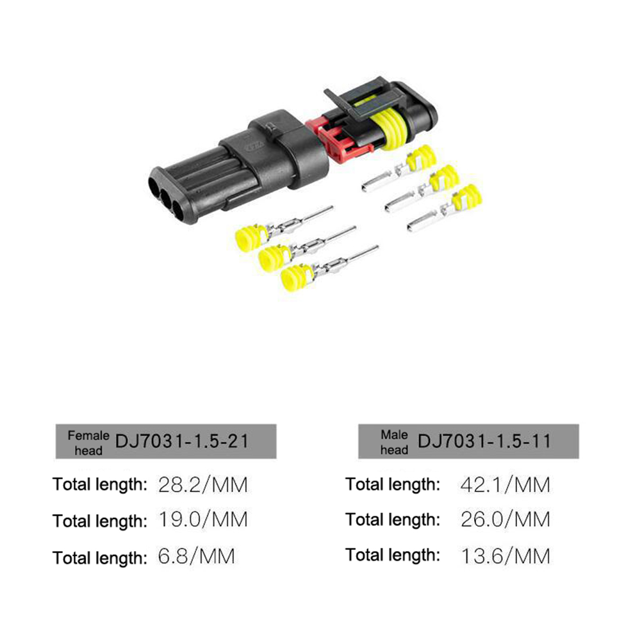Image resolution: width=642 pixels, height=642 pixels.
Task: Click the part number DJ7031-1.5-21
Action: pyautogui.click(x=182, y=441)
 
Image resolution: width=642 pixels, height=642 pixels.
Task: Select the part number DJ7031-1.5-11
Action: pyautogui.click(x=484, y=441)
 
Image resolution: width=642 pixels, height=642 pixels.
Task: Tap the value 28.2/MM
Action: pyautogui.click(x=203, y=485)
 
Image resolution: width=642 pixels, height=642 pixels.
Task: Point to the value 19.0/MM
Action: pyautogui.click(x=203, y=520)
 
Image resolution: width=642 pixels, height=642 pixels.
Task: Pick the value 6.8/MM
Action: pyautogui.click(x=197, y=556)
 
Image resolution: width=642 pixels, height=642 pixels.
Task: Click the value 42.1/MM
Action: pyautogui.click(x=506, y=485)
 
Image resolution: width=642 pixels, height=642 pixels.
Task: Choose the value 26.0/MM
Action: pyautogui.click(x=506, y=520)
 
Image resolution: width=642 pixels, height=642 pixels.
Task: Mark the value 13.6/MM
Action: pyautogui.click(x=506, y=556)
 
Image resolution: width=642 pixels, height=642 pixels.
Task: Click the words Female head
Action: pyautogui.click(x=88, y=443)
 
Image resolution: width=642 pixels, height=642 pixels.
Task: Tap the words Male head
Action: pyautogui.click(x=394, y=442)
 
